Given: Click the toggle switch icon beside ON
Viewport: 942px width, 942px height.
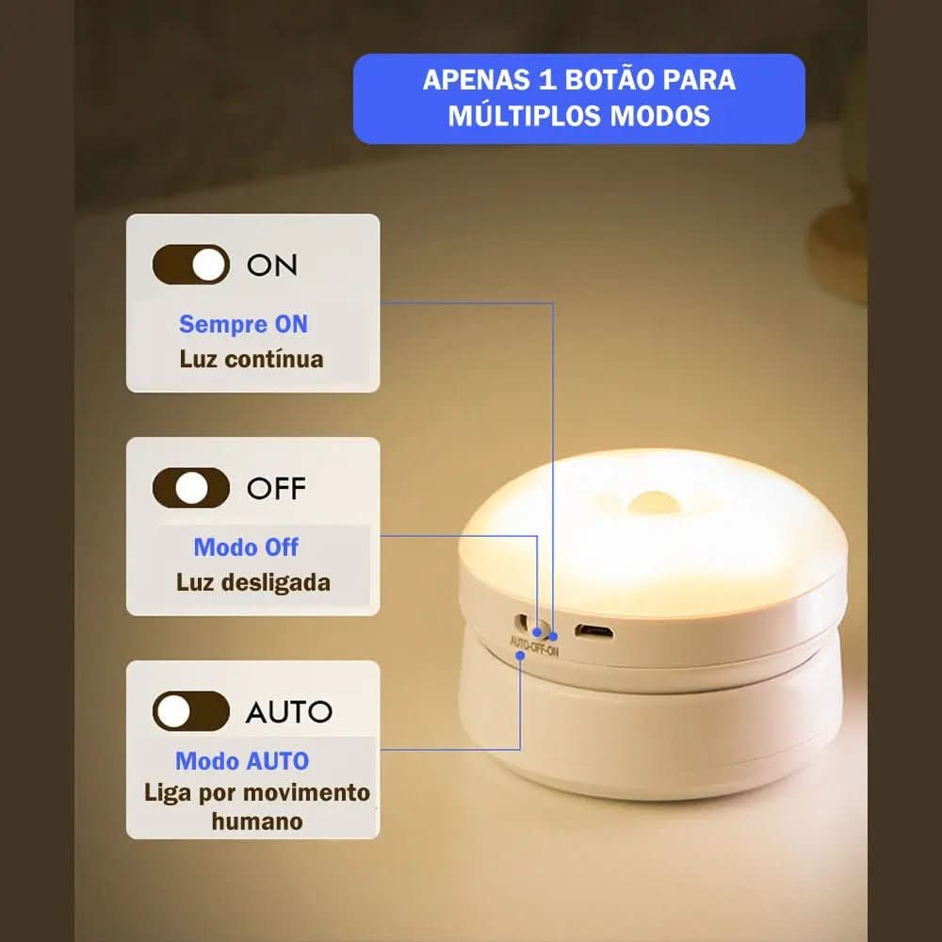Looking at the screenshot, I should pos(191,265).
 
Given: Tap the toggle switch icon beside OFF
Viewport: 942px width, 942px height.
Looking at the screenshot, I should pos(191,488).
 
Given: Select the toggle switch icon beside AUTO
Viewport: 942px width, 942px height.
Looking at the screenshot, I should pos(191,711).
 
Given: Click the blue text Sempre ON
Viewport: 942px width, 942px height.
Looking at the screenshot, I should pos(243,324).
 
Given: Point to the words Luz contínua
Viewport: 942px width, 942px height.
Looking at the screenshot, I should pos(252,359).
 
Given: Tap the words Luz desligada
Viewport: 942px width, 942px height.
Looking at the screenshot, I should pos(253,582).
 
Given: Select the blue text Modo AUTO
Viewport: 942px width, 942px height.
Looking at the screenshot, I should pos(242,761).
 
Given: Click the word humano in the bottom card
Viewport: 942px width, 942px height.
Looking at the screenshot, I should pos(256,821).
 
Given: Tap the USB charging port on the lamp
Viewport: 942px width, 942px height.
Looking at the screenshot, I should pos(593,630).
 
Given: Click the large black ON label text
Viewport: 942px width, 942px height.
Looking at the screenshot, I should pos(272,266).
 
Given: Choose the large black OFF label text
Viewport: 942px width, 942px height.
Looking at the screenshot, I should pos(276,489).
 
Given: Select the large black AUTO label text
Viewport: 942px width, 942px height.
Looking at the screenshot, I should pos(289,712).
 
